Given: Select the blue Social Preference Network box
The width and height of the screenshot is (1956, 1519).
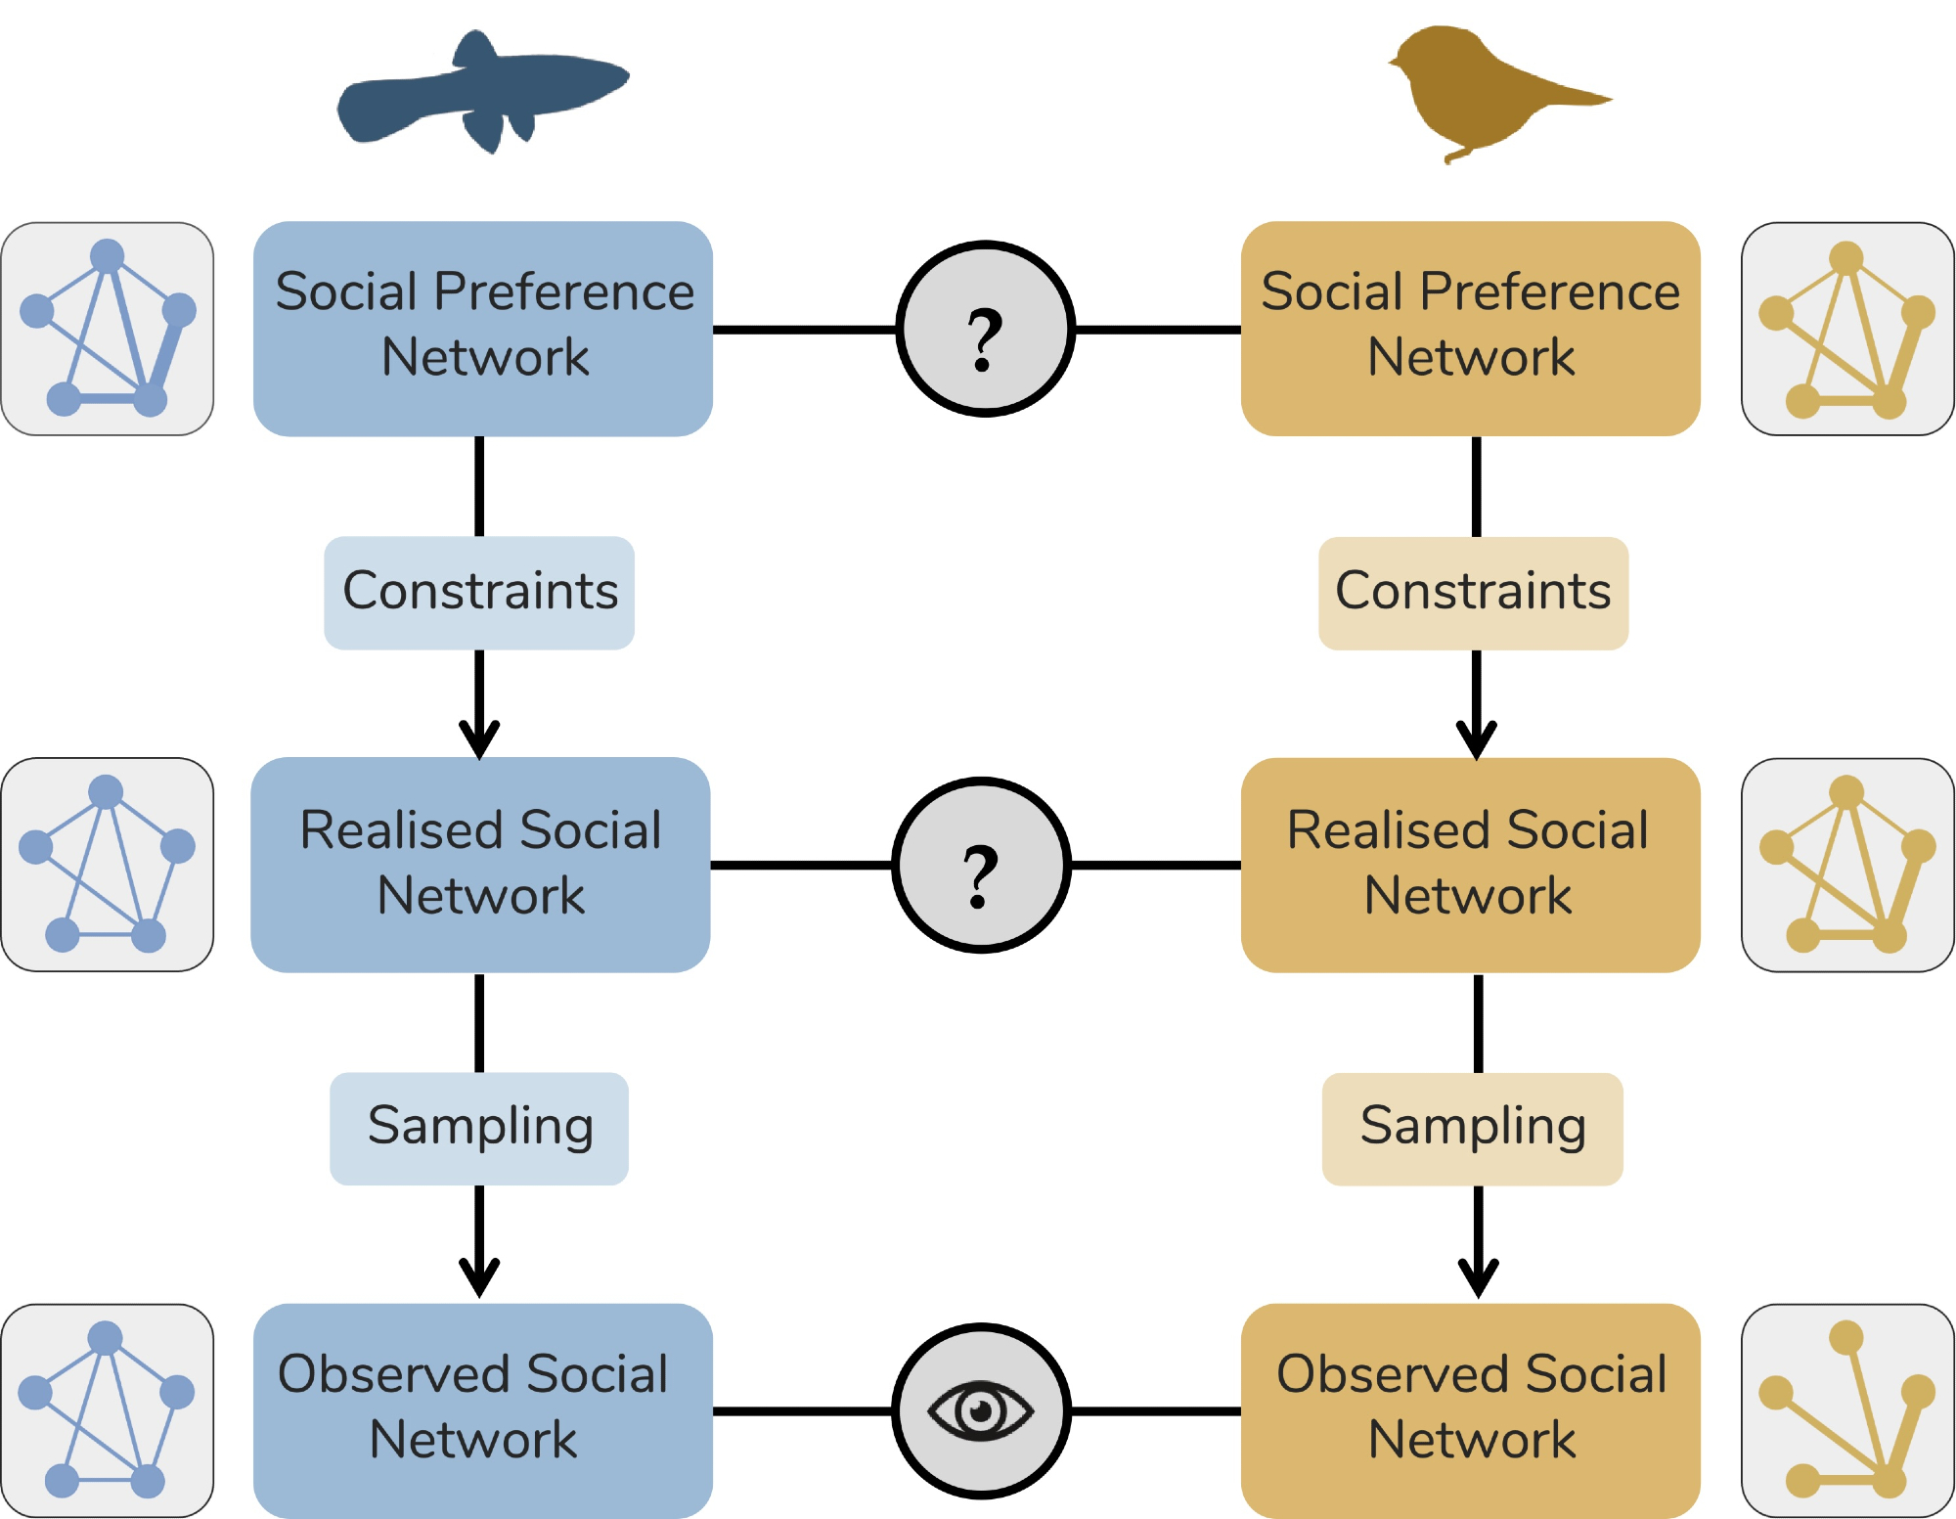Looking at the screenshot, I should point(483,328).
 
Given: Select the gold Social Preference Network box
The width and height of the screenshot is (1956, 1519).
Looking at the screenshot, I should point(1470,328).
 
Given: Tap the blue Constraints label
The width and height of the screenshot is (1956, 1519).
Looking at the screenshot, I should point(479,592).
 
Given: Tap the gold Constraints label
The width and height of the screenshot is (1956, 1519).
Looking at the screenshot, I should point(1473,592).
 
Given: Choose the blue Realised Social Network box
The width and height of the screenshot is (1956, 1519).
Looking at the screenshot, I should point(480,864).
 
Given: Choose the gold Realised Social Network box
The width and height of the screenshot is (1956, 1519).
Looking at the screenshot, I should point(1470,864).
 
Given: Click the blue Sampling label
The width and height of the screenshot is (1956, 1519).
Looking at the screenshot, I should point(479,1128).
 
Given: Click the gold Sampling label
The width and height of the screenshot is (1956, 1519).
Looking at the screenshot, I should point(1472,1128).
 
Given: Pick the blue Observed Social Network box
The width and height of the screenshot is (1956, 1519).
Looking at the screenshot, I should point(483,1409).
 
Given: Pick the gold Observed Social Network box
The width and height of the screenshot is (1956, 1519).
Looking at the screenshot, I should point(1470,1409).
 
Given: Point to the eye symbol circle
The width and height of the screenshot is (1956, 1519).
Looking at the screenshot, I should point(981,1410).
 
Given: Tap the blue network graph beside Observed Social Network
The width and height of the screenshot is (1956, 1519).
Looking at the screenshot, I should point(108,1409).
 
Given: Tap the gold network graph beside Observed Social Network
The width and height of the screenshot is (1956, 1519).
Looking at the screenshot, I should point(1847,1409).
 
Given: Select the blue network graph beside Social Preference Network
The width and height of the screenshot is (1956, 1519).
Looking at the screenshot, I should point(108,328).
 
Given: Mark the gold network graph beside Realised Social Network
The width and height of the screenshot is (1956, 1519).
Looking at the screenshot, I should point(1847,864).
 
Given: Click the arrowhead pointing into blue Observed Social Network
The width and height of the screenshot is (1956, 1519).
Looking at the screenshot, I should point(479,1276).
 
